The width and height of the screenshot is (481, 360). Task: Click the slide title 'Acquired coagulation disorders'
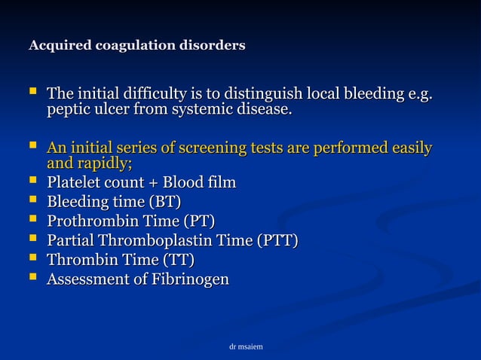136,46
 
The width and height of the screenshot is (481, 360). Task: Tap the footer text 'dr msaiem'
246,346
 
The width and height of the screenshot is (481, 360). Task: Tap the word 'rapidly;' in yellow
105,163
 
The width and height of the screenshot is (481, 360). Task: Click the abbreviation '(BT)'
165,203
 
